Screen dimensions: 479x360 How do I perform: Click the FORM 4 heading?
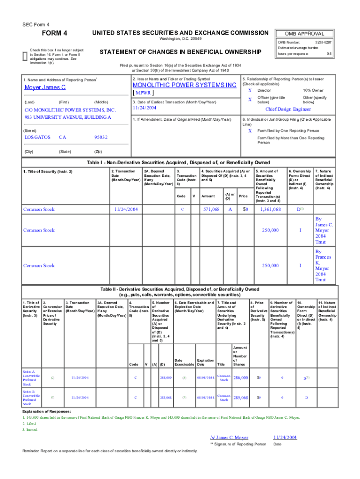[x=55, y=33]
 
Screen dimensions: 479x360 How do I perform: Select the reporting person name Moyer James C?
[x=45, y=87]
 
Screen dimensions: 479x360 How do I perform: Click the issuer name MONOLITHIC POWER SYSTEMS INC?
[x=185, y=86]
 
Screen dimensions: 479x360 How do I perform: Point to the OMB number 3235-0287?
[x=322, y=42]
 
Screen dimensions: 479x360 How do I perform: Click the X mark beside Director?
[x=250, y=90]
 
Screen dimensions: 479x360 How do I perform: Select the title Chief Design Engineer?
[x=288, y=109]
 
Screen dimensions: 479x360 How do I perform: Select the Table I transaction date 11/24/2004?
[x=126, y=210]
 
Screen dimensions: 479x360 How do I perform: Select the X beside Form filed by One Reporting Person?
[x=250, y=131]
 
